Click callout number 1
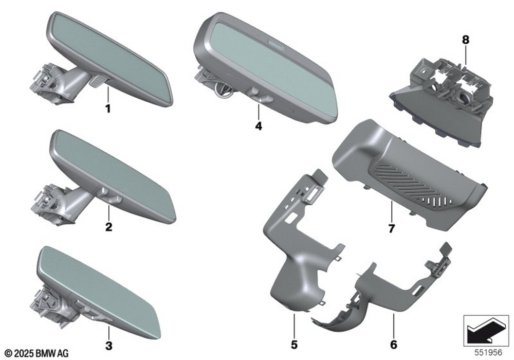pyautogui.click(x=108, y=109)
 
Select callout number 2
pyautogui.click(x=109, y=227)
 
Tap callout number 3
pyautogui.click(x=109, y=345)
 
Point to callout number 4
pyautogui.click(x=259, y=126)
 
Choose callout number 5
pyautogui.click(x=294, y=345)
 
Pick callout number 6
pyautogui.click(x=394, y=345)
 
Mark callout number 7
pyautogui.click(x=391, y=228)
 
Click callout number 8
pyautogui.click(x=466, y=40)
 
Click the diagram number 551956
pyautogui.click(x=488, y=352)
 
